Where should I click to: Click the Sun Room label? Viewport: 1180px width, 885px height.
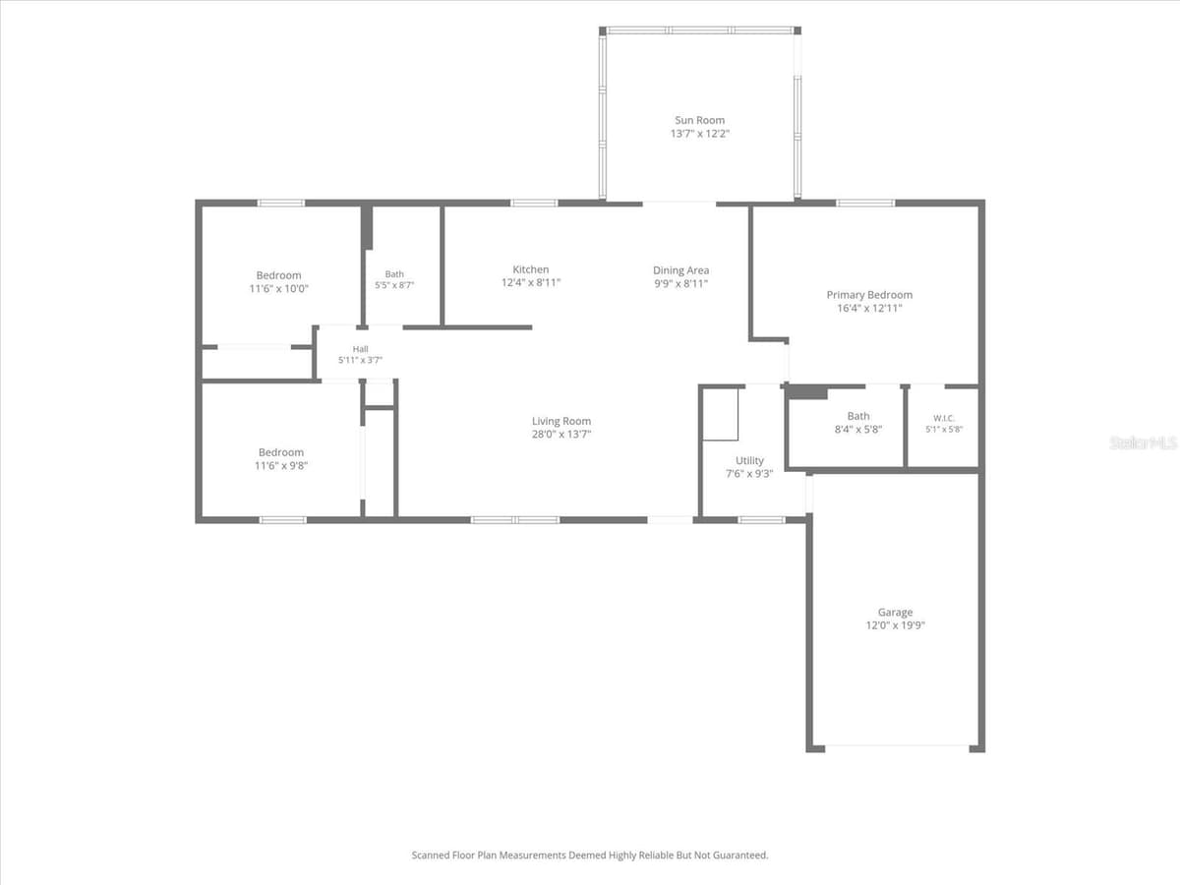point(699,120)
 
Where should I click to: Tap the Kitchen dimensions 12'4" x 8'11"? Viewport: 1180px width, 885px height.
point(531,282)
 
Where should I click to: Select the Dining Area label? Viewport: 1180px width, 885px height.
point(680,270)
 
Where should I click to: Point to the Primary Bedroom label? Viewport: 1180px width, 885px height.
point(869,295)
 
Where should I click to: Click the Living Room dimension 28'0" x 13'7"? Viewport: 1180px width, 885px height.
point(561,435)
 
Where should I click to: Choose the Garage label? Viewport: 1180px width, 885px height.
point(895,612)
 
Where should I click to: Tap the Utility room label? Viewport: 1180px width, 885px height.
point(749,460)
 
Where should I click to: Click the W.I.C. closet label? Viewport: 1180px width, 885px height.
point(944,418)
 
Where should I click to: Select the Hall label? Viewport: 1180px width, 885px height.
point(360,349)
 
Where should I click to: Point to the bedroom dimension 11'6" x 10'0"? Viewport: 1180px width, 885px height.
point(278,288)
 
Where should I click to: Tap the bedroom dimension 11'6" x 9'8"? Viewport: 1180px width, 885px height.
point(280,465)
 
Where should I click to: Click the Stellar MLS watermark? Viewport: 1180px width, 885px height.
point(1144,442)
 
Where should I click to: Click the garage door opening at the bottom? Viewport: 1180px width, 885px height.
point(897,745)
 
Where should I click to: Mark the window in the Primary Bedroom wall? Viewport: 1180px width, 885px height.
point(865,204)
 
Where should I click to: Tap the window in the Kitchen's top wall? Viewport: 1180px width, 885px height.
point(534,204)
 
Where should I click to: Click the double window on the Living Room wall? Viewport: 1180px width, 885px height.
point(515,519)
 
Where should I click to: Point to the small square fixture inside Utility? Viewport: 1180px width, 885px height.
point(721,414)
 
